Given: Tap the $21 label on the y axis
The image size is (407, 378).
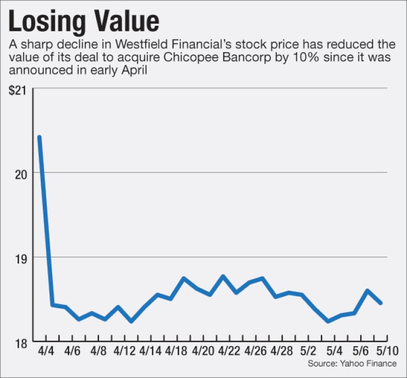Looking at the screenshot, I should pyautogui.click(x=19, y=91).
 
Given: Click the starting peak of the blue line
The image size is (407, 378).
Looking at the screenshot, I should pyautogui.click(x=39, y=137).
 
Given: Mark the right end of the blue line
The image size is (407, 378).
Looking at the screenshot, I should pyautogui.click(x=381, y=303).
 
